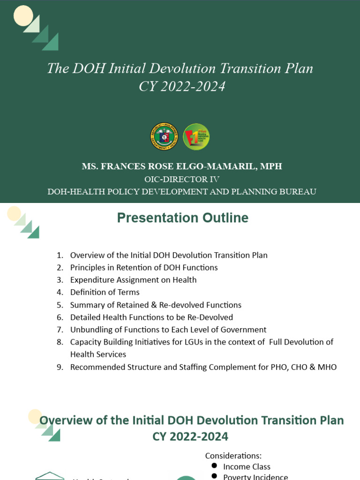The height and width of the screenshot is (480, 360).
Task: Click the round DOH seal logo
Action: click(x=164, y=136)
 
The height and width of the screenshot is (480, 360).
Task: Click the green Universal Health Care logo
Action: click(x=196, y=136)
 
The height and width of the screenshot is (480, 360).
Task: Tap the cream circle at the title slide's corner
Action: click(x=23, y=15)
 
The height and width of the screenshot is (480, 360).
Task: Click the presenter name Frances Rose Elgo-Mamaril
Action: click(x=182, y=166)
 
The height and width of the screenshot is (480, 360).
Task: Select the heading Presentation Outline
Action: click(x=183, y=218)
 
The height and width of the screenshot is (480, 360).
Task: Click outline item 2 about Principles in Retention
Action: click(x=144, y=268)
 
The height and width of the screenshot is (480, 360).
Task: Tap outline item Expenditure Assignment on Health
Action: click(x=133, y=280)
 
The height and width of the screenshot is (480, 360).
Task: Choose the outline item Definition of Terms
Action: click(x=105, y=292)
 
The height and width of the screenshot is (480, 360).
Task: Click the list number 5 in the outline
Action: click(x=60, y=305)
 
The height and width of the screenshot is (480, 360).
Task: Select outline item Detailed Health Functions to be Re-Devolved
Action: click(x=151, y=317)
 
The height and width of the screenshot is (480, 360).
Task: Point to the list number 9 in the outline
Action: click(x=60, y=367)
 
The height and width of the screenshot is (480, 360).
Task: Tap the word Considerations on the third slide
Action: click(x=233, y=456)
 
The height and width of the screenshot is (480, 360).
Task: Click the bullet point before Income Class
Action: click(x=214, y=466)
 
